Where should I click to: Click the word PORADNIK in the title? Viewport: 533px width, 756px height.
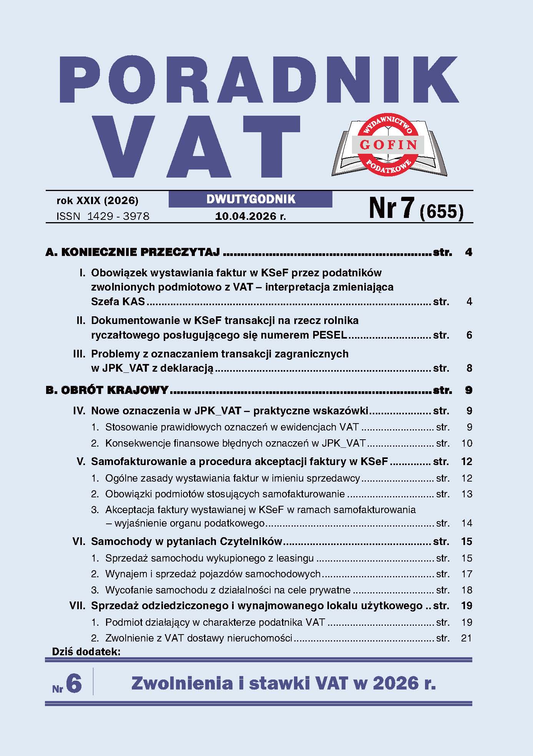tap(258, 80)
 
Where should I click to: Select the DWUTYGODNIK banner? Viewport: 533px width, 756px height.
tap(251, 199)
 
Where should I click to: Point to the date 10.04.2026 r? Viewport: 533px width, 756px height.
tap(251, 216)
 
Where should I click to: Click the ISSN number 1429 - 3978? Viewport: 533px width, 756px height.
tap(118, 216)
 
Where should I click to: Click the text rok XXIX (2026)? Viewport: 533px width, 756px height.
tap(97, 200)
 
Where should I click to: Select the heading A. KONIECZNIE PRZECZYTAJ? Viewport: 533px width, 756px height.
tap(133, 253)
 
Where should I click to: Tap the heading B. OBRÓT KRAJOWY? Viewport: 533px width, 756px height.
tap(107, 390)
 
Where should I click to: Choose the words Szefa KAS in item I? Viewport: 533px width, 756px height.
tap(118, 302)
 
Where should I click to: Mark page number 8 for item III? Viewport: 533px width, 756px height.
tap(469, 368)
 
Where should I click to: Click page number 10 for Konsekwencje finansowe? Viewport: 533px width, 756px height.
tap(467, 444)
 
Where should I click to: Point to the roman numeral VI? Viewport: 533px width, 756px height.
tap(79, 542)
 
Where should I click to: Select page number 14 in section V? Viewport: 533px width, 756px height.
tap(467, 523)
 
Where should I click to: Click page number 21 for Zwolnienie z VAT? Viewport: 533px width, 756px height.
tap(466, 638)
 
